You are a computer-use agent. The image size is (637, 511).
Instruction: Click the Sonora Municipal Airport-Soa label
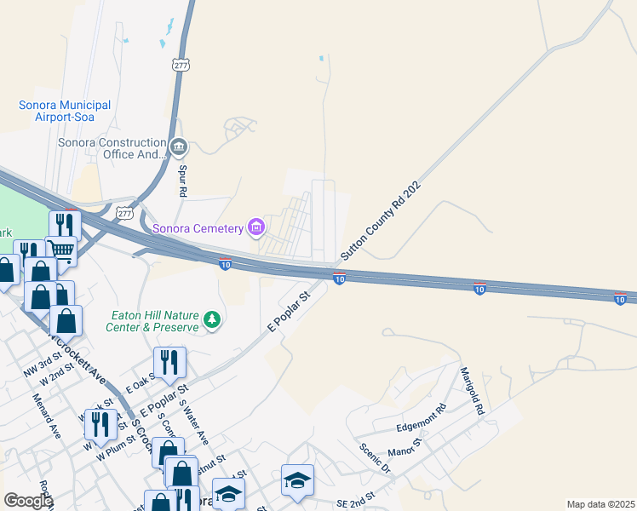pos(65,111)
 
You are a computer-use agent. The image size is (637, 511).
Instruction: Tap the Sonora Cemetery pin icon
pos(255,227)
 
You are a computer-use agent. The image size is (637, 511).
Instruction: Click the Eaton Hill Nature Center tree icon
pos(212,320)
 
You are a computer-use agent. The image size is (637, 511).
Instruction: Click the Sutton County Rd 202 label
pos(381,220)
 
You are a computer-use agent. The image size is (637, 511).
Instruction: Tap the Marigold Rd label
pos(472,391)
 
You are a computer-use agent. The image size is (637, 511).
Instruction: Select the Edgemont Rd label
pos(422,419)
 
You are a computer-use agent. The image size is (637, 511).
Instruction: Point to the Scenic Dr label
pos(374,457)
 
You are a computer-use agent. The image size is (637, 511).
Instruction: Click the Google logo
pos(27,501)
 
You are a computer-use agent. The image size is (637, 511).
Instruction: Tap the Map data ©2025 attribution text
pos(600,504)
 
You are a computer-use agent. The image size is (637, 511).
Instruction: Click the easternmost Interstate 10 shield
pos(620,298)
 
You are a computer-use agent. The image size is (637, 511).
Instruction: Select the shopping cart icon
pos(60,250)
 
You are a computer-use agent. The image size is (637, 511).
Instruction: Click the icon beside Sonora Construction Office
pos(179,148)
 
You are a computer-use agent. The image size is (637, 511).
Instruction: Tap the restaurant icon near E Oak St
pos(169,362)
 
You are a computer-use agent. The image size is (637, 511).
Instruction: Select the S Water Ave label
pos(194,423)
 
